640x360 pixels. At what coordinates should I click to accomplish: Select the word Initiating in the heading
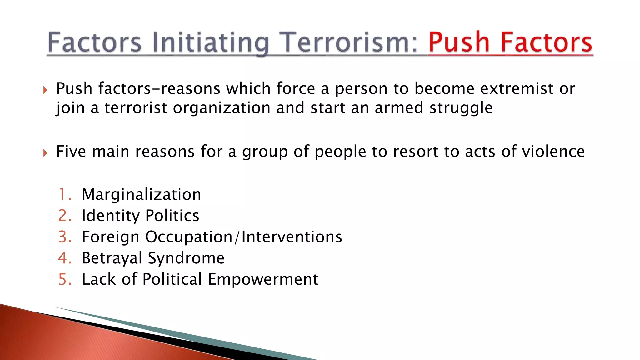(211, 43)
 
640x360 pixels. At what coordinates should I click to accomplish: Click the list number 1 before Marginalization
(63, 194)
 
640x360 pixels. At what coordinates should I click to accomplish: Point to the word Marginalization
(141, 195)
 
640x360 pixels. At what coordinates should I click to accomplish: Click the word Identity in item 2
(111, 216)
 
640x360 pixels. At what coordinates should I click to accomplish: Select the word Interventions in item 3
(292, 237)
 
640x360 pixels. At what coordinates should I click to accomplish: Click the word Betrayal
(112, 258)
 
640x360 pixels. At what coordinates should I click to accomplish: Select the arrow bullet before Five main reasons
(45, 153)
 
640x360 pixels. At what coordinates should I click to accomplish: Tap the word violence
(553, 152)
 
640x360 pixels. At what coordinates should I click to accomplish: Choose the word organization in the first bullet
(222, 108)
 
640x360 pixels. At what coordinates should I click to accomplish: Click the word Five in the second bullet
(71, 152)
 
